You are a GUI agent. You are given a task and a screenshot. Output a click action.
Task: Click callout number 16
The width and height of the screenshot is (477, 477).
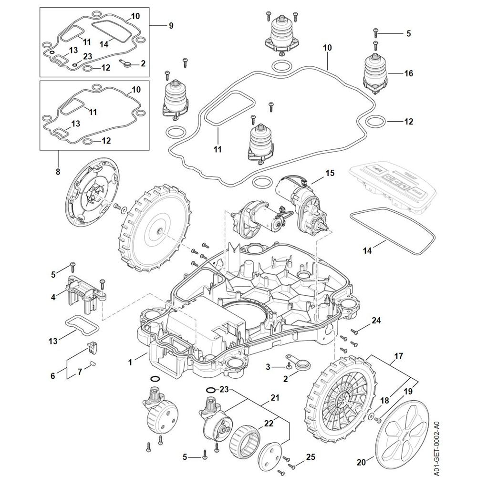pos(408,73)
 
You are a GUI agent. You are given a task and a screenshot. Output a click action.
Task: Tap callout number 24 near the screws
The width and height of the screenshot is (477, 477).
pos(376,321)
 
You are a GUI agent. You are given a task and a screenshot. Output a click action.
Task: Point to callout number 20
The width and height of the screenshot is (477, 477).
pos(361,462)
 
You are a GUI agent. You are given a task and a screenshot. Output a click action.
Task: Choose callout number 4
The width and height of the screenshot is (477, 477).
pos(53,297)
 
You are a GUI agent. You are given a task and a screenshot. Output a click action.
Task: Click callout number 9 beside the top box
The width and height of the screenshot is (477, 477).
pos(171,26)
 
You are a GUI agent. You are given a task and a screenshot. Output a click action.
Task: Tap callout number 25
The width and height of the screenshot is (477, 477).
pos(311,457)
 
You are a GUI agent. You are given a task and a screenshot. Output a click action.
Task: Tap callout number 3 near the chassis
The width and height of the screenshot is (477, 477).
pos(268,366)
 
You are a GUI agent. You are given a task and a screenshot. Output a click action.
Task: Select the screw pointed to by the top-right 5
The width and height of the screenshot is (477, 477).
pos(375,31)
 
